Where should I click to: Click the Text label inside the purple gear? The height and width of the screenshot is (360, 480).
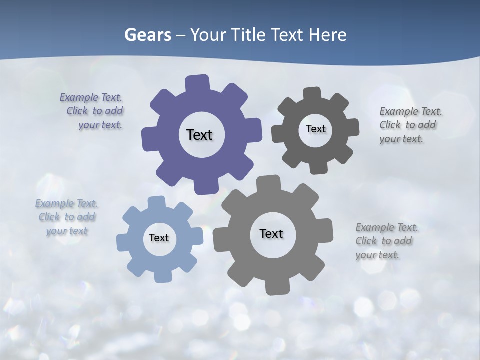[199, 135]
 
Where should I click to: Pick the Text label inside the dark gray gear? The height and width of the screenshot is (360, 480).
[315, 129]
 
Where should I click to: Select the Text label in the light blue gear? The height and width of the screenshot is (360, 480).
[159, 238]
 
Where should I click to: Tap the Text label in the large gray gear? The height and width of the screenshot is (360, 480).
[271, 233]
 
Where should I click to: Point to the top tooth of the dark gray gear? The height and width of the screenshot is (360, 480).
[312, 93]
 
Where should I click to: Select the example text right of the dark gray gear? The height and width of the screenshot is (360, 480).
[409, 125]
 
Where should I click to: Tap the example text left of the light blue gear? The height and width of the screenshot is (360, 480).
[66, 217]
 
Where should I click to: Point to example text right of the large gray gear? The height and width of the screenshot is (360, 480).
[385, 241]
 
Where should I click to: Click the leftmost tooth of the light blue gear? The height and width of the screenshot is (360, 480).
[122, 242]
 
